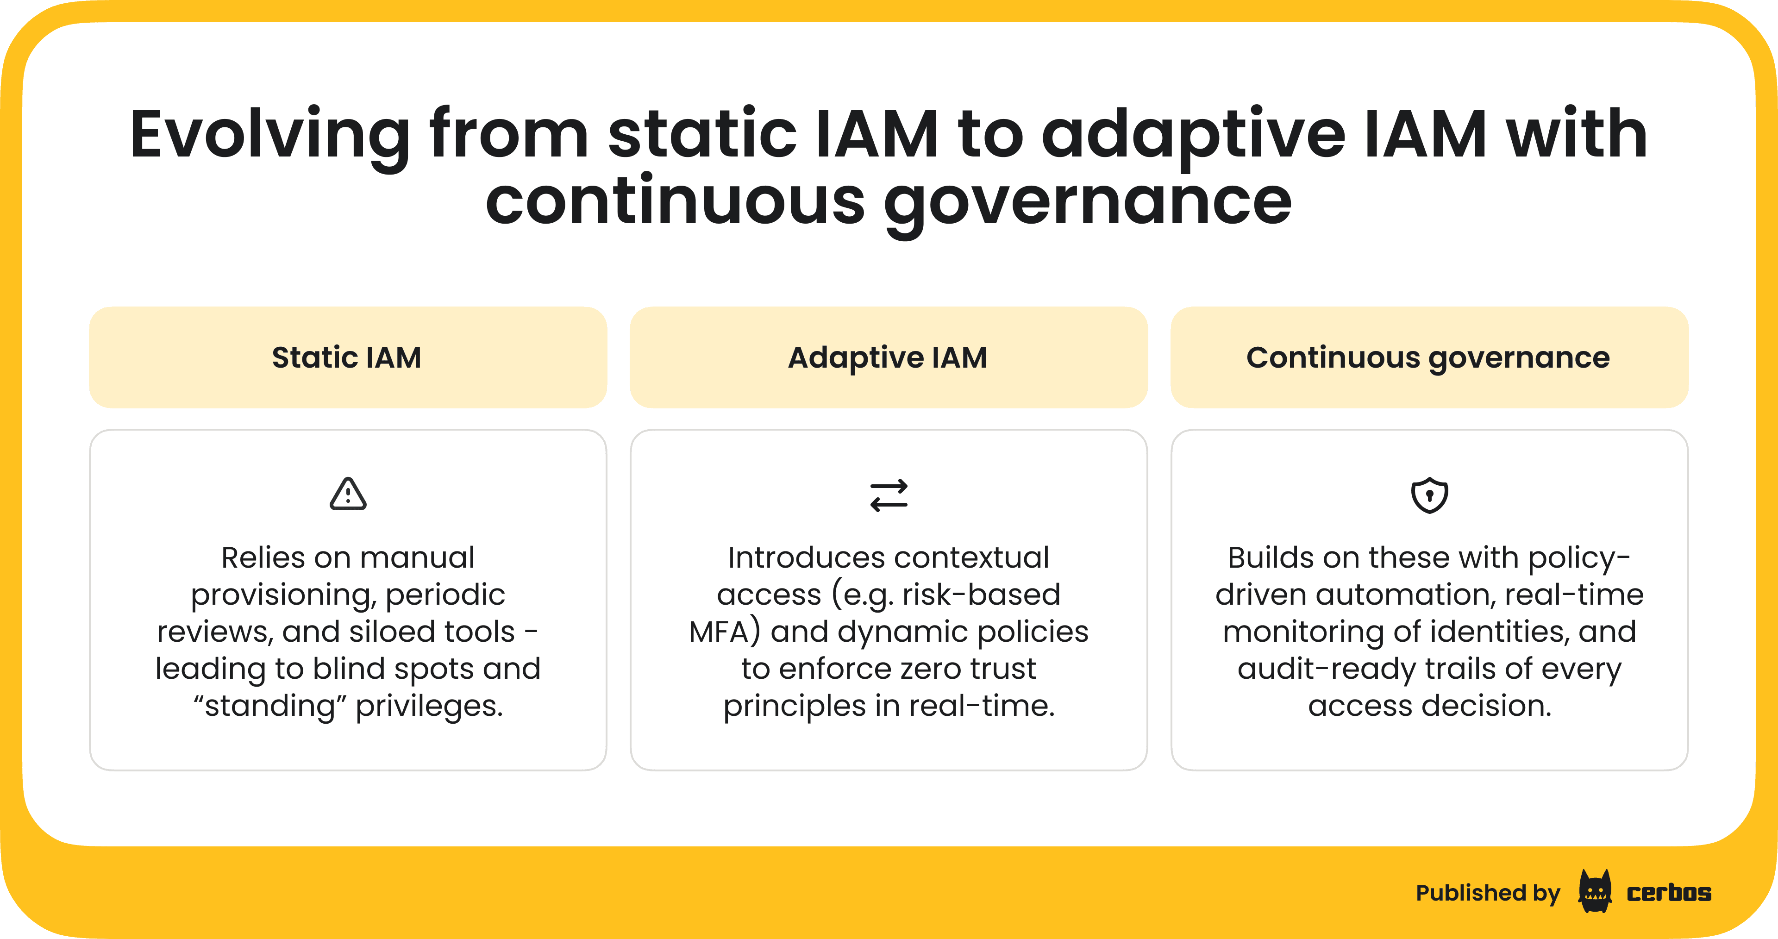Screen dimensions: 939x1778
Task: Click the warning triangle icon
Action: pyautogui.click(x=348, y=495)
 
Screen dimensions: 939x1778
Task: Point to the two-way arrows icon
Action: pyautogui.click(x=889, y=495)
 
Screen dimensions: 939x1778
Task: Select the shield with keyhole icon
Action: pyautogui.click(x=1429, y=495)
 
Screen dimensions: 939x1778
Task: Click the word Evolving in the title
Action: pyautogui.click(x=269, y=135)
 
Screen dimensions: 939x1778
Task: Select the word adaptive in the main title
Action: pyautogui.click(x=1193, y=135)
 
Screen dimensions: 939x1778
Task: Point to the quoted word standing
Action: pyautogui.click(x=269, y=706)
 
